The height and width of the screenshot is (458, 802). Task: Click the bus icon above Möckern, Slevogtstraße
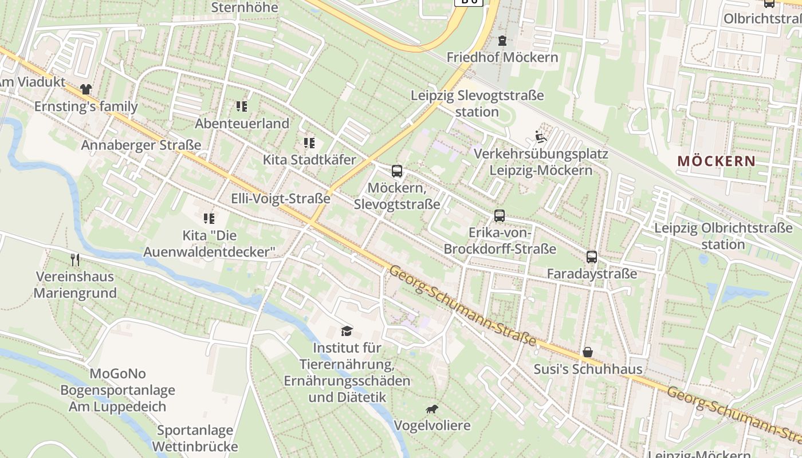tap(396, 171)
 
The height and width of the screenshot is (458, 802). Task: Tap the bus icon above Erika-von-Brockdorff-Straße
tap(500, 216)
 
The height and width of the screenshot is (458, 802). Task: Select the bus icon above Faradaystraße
tap(592, 257)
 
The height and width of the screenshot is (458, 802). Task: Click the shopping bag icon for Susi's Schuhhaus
tap(588, 352)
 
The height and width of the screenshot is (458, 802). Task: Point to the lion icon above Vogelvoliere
tap(432, 409)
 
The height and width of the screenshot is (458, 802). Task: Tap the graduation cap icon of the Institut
tap(347, 331)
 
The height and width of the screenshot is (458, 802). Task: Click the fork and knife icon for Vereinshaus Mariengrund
tap(75, 260)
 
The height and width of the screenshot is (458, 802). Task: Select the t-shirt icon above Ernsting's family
tap(86, 89)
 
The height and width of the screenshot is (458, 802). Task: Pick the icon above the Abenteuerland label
tap(242, 106)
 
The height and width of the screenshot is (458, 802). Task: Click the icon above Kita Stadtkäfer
tap(309, 143)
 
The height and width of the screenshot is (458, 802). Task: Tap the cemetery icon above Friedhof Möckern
tap(502, 41)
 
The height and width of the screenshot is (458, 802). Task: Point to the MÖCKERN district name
tap(716, 161)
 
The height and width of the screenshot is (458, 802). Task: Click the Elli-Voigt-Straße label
tap(281, 199)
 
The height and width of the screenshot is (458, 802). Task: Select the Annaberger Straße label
tap(141, 145)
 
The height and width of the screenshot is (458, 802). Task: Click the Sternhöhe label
tap(245, 7)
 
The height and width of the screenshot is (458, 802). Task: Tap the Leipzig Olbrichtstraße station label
tap(724, 236)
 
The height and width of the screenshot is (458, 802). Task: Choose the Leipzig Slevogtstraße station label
tap(477, 104)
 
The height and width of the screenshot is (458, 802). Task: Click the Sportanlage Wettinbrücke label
tap(195, 438)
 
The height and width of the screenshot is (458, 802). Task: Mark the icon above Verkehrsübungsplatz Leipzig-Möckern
tap(540, 136)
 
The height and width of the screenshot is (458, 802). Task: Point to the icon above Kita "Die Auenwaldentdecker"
tap(209, 218)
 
